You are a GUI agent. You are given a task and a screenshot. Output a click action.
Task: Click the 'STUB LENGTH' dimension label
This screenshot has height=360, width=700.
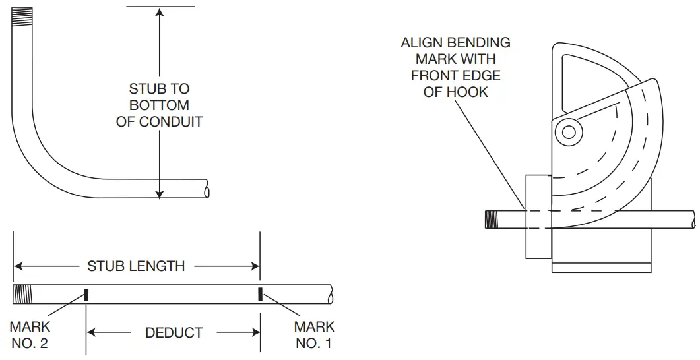point(136,266)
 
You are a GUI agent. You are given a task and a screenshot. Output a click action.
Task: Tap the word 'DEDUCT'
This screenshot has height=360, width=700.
point(174,332)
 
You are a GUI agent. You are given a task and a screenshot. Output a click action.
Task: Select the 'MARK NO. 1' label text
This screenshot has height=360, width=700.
point(314,335)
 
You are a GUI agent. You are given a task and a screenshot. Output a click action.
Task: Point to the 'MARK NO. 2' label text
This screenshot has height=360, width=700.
point(30,335)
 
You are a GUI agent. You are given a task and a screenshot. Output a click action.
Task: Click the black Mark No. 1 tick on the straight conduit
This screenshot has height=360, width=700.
point(261,294)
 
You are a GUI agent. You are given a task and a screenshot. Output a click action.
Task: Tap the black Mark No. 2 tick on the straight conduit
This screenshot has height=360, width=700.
point(86,294)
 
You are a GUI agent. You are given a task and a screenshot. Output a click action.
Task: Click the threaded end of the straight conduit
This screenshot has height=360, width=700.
point(22,294)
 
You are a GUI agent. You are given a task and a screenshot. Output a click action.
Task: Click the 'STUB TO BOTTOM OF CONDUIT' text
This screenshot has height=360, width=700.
point(159,105)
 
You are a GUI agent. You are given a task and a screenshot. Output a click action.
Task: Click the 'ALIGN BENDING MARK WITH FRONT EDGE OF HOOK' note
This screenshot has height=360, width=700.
point(455,67)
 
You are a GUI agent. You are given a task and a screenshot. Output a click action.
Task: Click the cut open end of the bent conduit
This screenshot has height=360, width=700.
point(208,190)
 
